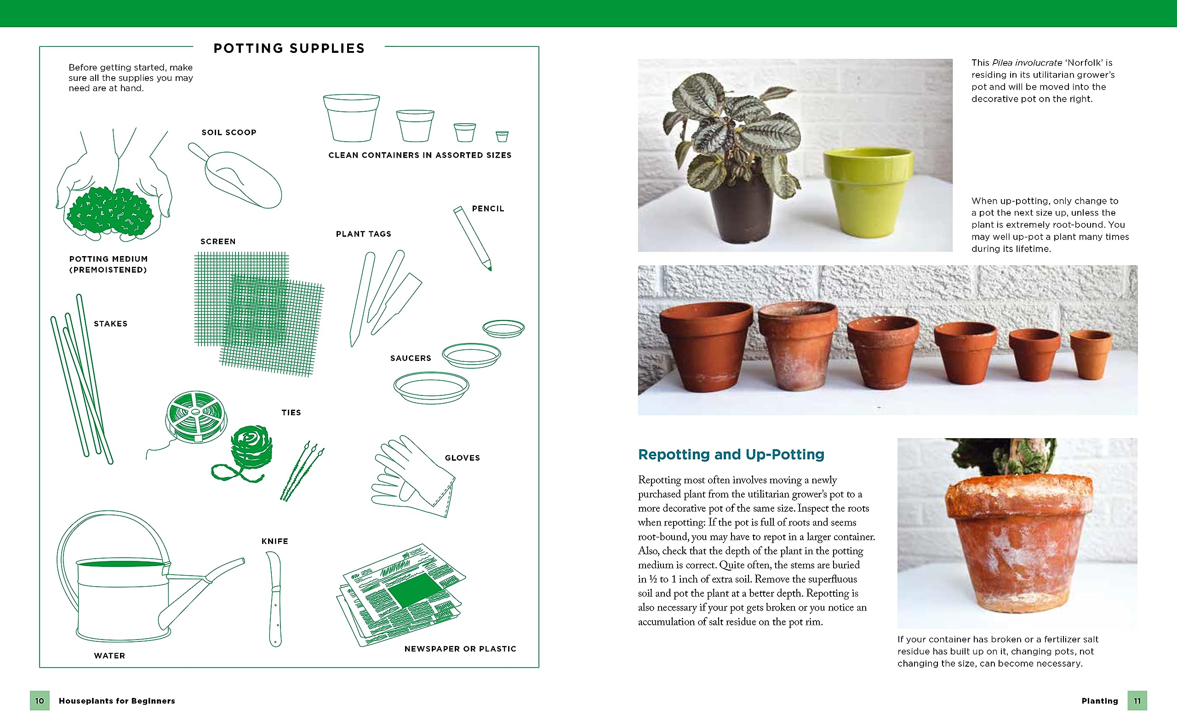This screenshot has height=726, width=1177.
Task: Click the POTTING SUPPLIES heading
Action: coord(289,48)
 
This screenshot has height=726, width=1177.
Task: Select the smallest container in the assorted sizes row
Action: coord(502,137)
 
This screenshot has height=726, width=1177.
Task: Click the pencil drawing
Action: coord(473,238)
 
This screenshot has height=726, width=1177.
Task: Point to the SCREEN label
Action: coord(218,241)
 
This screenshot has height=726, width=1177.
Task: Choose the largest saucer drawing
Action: coord(431,387)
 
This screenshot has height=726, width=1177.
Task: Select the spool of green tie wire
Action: coord(196,416)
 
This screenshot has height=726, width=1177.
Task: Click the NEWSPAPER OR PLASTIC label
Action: coord(460,649)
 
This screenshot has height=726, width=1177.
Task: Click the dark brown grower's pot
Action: coord(742,211)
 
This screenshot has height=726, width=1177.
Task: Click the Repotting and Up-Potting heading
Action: coord(731,454)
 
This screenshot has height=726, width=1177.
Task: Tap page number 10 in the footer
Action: coord(40,701)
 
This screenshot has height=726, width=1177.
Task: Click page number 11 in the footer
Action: coord(1137,701)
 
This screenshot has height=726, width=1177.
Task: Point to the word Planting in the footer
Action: coord(1099,701)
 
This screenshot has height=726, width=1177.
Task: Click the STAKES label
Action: coord(110,324)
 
